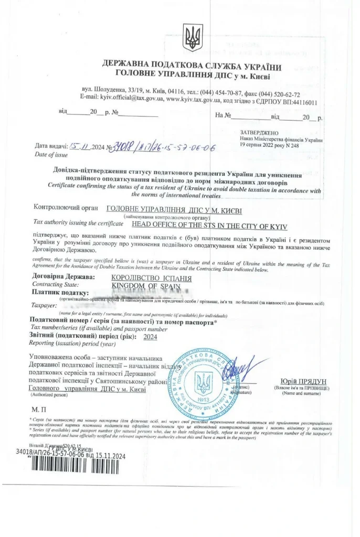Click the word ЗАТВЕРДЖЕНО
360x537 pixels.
point(259,133)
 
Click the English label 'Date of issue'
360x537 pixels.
point(50,155)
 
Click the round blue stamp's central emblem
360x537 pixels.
point(203,383)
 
